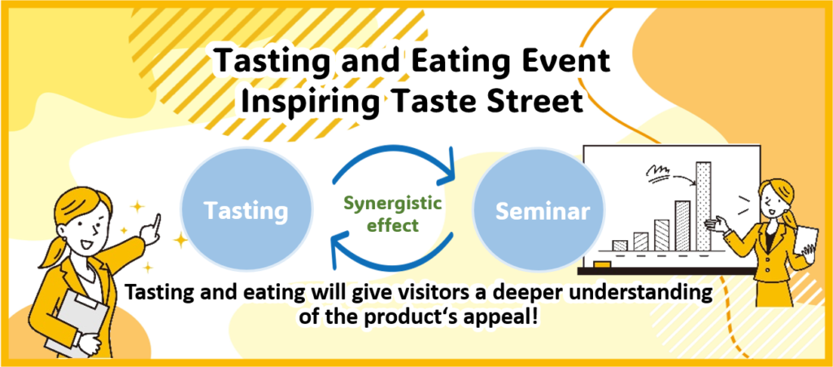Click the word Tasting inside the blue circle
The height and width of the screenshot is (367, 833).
[x=246, y=211]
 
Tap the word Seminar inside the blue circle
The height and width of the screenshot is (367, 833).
[x=543, y=211]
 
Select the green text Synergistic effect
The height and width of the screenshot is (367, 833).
[x=393, y=213]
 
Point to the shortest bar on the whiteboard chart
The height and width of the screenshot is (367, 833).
[x=619, y=246]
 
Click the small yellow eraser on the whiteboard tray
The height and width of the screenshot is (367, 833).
[x=602, y=264]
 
